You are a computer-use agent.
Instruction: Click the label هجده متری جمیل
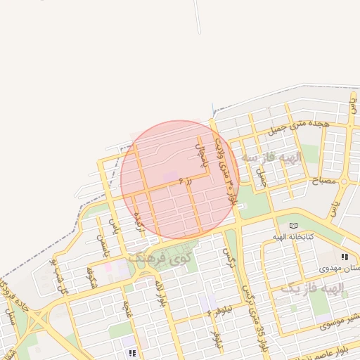point(300,127)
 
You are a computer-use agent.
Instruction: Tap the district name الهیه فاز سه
point(271,157)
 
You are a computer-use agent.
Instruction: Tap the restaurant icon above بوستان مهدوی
point(344,257)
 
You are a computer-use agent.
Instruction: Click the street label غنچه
point(127,307)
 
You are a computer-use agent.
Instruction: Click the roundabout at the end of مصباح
point(344,181)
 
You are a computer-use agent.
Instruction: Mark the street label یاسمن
point(103,246)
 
